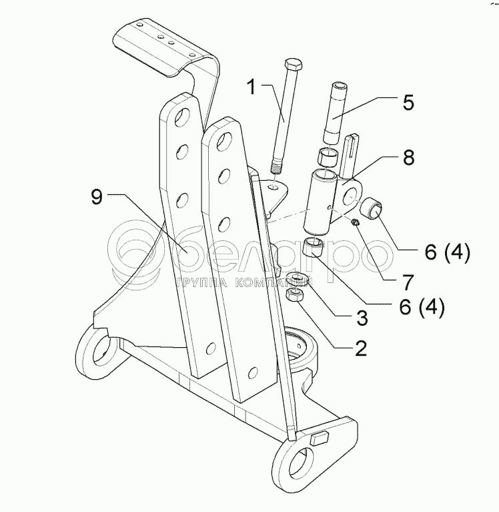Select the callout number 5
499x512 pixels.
pyautogui.click(x=408, y=102)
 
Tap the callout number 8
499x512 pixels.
pyautogui.click(x=408, y=158)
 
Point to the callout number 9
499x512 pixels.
pyautogui.click(x=97, y=198)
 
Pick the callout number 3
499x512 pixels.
pyautogui.click(x=362, y=318)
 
